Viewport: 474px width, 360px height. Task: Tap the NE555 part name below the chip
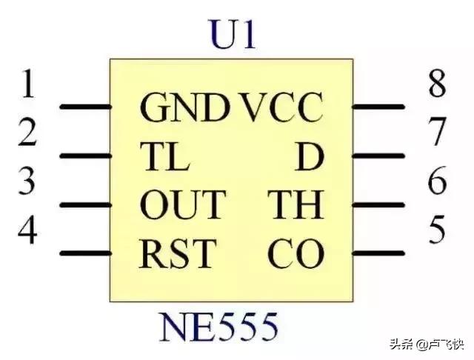tap(219, 326)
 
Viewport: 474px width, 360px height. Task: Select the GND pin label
tap(185, 109)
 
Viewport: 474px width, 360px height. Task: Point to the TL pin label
tap(164, 157)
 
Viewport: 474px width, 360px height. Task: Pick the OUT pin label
tap(182, 205)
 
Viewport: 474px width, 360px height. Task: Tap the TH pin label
tap(296, 205)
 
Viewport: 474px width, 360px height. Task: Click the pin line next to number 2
tap(84, 156)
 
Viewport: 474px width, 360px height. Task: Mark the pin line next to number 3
tap(84, 204)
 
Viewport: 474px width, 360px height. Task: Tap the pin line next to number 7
tap(378, 156)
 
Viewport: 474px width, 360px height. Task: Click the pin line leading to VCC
tap(378, 107)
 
